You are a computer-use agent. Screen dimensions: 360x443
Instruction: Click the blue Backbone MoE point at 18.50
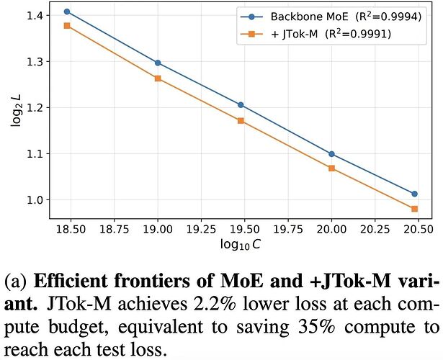[67, 12]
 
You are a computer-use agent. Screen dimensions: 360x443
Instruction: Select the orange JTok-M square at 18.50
[67, 26]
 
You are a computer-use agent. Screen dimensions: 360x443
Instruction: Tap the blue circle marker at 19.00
[158, 63]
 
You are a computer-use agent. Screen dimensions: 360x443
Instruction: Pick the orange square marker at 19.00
[158, 78]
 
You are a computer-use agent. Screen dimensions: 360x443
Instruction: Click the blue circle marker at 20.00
[331, 154]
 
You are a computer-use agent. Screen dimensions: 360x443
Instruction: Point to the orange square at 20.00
[331, 168]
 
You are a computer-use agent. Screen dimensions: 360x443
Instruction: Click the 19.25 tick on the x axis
[202, 229]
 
